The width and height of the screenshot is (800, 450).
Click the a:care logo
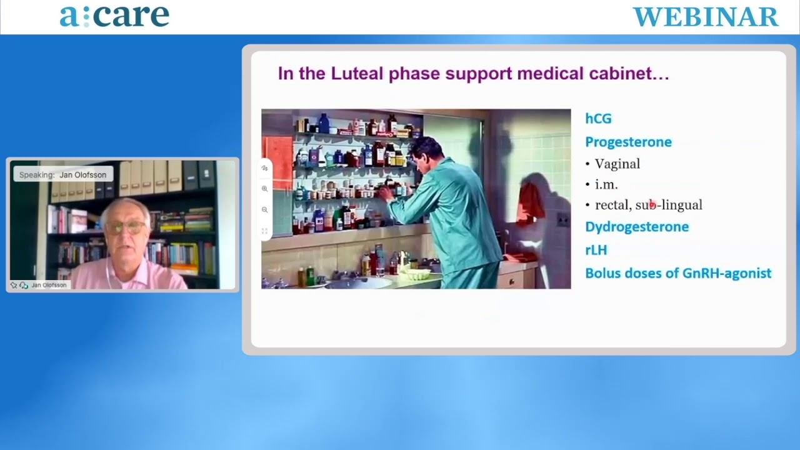pos(114,16)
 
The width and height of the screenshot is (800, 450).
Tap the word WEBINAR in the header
pos(706,17)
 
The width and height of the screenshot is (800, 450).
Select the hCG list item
pos(598,119)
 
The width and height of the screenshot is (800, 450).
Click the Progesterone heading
pos(628,142)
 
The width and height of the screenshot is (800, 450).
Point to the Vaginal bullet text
pos(617,164)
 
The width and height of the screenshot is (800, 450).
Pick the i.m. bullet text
pos(606,184)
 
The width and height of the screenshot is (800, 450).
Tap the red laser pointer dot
pos(652,204)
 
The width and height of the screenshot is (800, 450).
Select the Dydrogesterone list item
pos(637,227)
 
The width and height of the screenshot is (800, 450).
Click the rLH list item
pos(596,250)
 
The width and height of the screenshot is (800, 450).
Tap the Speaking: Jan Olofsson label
pos(63,174)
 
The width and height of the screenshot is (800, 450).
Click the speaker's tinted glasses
pos(125,227)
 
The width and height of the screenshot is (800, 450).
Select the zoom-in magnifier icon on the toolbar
pos(264,189)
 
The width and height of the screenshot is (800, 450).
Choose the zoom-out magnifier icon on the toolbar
pos(264,209)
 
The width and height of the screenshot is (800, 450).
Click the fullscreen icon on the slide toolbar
pos(264,231)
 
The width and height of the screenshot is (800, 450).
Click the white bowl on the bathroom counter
pos(416,274)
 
